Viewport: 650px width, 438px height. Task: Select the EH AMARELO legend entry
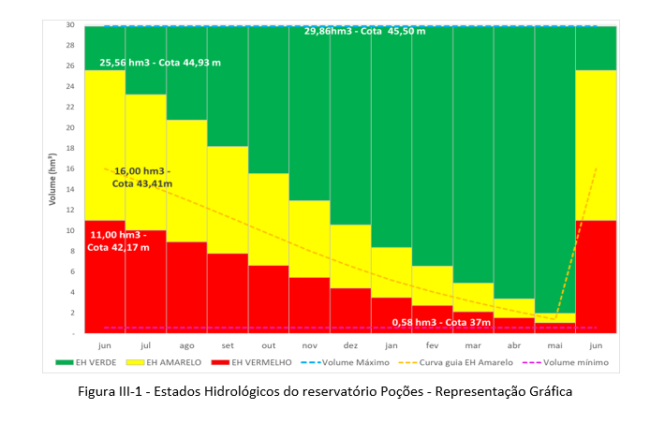pyautogui.click(x=198, y=362)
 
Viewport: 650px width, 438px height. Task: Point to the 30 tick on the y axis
pyautogui.click(x=70, y=25)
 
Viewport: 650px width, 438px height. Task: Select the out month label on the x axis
pyautogui.click(x=268, y=343)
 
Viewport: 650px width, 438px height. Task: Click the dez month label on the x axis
pyautogui.click(x=349, y=343)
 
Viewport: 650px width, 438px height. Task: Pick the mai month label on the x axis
pyautogui.click(x=554, y=343)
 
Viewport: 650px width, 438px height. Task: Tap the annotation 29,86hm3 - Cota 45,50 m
pyautogui.click(x=364, y=32)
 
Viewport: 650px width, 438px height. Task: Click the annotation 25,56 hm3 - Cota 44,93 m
pyautogui.click(x=160, y=63)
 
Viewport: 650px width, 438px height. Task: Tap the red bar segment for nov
pyautogui.click(x=309, y=304)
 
